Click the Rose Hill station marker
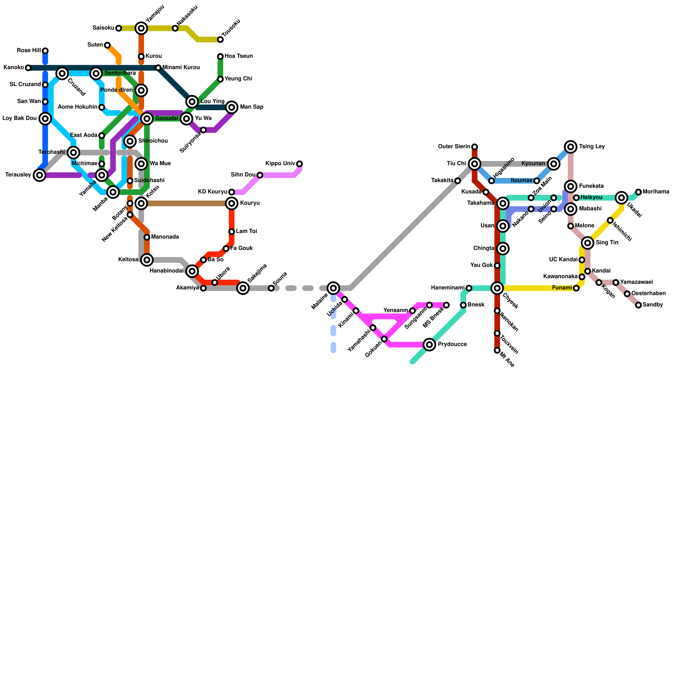coord(45,51)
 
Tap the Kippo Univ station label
coord(280,164)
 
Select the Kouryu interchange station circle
coord(232,203)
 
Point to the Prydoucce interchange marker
coord(430,345)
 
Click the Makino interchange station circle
coord(334,288)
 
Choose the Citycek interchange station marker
coord(497,288)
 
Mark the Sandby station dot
coord(639,305)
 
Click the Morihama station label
coord(656,192)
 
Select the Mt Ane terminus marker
coord(497,350)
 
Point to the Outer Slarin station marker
coord(475,147)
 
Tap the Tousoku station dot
coord(220,39)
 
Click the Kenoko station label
coord(14,68)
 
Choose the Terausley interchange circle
coord(40,175)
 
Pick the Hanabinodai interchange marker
coord(192,271)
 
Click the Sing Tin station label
coord(607,243)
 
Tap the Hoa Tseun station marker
coord(220,56)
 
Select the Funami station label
coord(562,288)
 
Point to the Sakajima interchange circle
coord(243,288)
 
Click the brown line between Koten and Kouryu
coord(186,203)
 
